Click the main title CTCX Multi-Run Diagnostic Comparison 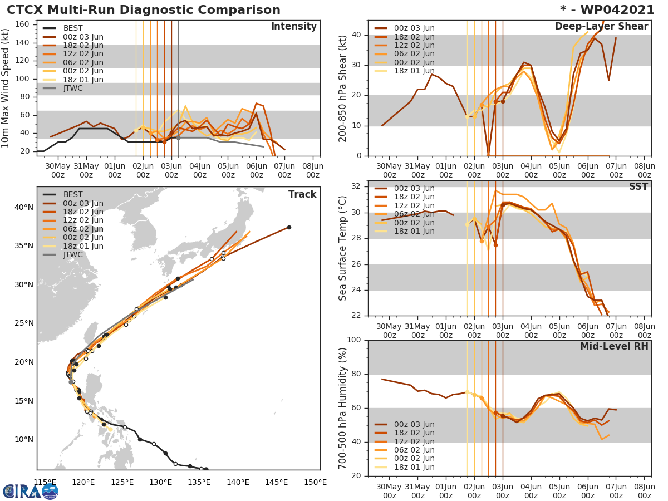pyautogui.click(x=144, y=10)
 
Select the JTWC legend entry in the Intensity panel pyautogui.click(x=73, y=88)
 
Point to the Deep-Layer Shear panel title pyautogui.click(x=601, y=27)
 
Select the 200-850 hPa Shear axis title pyautogui.click(x=343, y=88)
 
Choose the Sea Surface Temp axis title pyautogui.click(x=343, y=248)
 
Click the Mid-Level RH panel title pyautogui.click(x=614, y=346)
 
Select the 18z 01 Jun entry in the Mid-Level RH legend pyautogui.click(x=414, y=467)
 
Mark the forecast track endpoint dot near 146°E pyautogui.click(x=289, y=227)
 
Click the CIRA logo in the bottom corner pyautogui.click(x=30, y=491)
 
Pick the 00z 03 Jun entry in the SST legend pyautogui.click(x=414, y=189)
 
